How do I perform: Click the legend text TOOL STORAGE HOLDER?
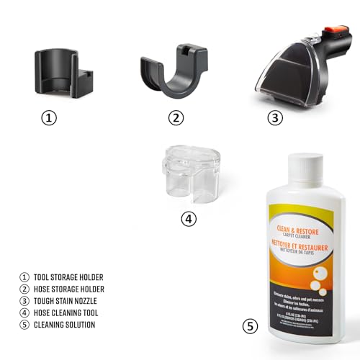[x=68, y=276]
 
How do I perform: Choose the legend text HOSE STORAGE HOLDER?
[x=69, y=289]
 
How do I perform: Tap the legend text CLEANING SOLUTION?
[x=64, y=325]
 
